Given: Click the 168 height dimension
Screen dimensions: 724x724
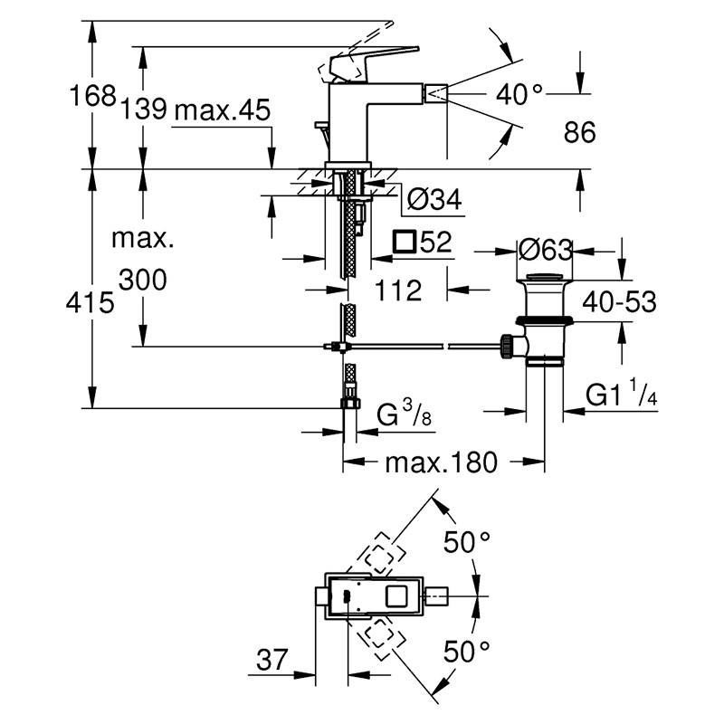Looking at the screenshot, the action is [x=91, y=97].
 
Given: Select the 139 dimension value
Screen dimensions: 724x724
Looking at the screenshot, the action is [x=144, y=110].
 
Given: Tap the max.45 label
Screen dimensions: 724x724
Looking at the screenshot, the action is [x=223, y=110].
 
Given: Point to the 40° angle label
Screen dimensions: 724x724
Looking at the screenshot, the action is [x=519, y=95].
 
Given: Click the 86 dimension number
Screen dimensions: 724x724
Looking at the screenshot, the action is [x=579, y=132].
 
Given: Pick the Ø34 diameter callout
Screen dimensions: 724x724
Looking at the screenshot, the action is [x=434, y=199].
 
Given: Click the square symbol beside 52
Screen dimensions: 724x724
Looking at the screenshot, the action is [x=404, y=242].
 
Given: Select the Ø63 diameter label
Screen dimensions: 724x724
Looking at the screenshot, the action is [x=546, y=251].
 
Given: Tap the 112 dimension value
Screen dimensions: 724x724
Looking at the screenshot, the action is [x=398, y=291].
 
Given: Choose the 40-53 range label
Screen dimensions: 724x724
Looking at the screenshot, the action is [x=619, y=302].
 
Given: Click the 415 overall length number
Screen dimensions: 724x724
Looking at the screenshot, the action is [x=90, y=303].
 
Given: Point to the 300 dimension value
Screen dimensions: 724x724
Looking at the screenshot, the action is [x=143, y=281].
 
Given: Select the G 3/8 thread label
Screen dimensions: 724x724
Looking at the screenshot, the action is [x=404, y=413].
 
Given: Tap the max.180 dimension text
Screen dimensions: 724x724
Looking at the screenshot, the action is [x=442, y=462].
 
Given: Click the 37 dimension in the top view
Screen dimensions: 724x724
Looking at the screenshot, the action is [x=272, y=660].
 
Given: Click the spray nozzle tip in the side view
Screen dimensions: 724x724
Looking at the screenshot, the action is [x=436, y=94].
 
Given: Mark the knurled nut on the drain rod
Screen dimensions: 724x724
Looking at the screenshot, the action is [x=507, y=346].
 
